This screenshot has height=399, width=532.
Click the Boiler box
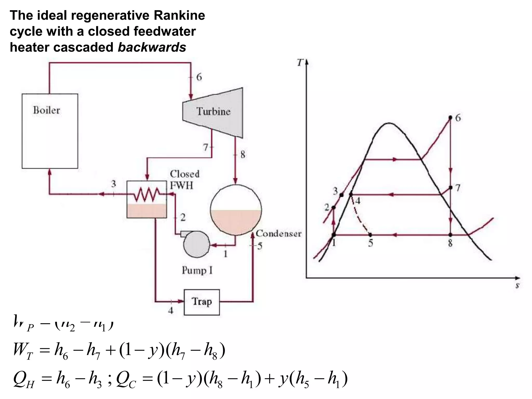tap(50, 131)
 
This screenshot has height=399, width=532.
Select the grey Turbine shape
tap(213, 112)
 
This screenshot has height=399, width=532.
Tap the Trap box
tap(202, 302)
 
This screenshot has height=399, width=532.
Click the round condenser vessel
tap(236, 210)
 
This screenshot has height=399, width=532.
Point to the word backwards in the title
tap(152, 47)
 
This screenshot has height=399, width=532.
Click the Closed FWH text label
tap(185, 179)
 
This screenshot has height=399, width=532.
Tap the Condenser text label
tap(279, 234)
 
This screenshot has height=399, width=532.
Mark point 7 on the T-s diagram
tap(450, 187)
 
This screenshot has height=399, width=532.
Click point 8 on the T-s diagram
tap(450, 235)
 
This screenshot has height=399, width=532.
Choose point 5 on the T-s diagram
tap(370, 235)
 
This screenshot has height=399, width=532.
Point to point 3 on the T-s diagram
tap(342, 195)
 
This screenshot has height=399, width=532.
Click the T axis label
tap(300, 63)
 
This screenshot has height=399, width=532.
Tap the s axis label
tap(517, 285)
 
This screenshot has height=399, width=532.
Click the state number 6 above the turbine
tap(199, 77)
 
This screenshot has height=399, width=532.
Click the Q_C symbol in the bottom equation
tap(126, 379)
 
